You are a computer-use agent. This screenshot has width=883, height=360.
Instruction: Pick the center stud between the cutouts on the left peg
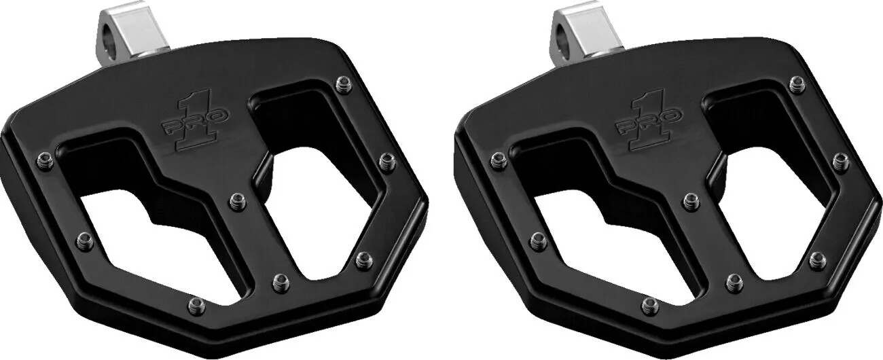(x=237, y=200)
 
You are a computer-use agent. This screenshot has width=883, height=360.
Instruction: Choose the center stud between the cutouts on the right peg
(x=690, y=201)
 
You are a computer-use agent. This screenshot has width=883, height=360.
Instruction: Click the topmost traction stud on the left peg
(x=343, y=85)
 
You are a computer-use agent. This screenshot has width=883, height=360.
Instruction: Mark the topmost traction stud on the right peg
(x=796, y=85)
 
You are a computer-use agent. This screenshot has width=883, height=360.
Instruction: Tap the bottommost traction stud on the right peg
(x=649, y=306)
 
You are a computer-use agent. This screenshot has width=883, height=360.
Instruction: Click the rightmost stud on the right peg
(x=840, y=162)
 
